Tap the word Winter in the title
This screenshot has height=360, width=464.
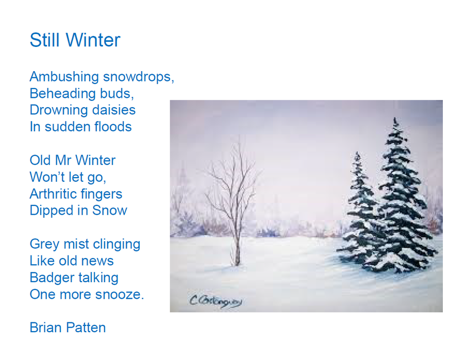(93, 40)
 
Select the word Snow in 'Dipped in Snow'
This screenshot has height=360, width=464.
(109, 211)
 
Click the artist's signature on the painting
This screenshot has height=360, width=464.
(216, 301)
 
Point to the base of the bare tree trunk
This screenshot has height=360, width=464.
(237, 265)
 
